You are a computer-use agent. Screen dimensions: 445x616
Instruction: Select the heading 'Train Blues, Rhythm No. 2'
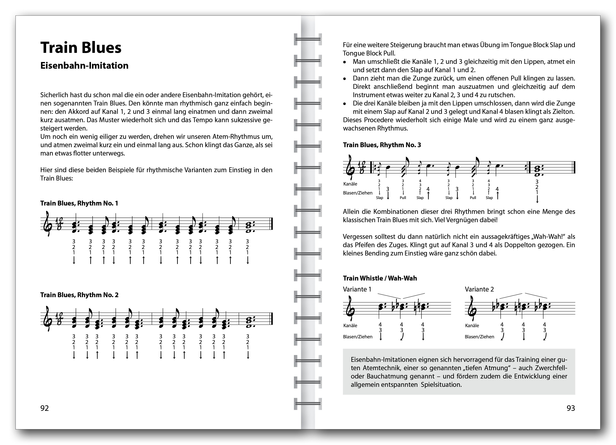click(x=79, y=295)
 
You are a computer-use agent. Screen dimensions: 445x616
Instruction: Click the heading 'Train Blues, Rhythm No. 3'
click(x=382, y=145)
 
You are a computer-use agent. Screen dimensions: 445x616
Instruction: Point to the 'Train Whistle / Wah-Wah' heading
click(x=380, y=278)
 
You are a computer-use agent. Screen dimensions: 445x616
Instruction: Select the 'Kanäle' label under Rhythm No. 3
click(x=350, y=184)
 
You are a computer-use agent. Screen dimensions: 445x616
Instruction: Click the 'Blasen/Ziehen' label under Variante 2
click(x=479, y=337)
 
